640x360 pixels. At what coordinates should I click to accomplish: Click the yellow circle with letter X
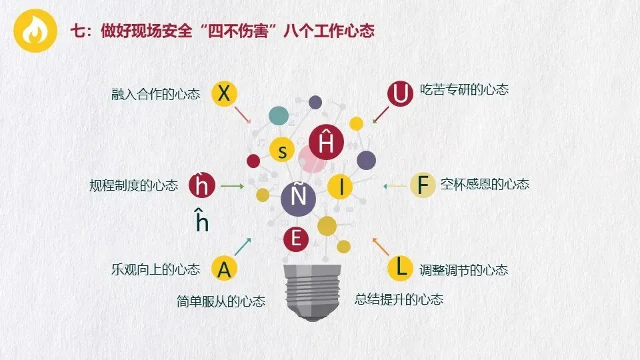pos(225,94)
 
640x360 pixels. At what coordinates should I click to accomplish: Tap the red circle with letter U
pos(401,94)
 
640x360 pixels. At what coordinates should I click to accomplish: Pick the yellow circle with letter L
pos(401,267)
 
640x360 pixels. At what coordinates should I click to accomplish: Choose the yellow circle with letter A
pos(225,269)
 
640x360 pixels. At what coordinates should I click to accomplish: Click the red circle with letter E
pos(296,239)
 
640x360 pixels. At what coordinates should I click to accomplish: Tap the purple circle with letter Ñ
pos(298,197)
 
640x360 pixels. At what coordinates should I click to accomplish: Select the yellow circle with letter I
pos(341,187)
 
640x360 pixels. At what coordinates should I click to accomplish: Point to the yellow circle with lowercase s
pos(283,151)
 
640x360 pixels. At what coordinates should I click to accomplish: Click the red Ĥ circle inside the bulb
pos(327,142)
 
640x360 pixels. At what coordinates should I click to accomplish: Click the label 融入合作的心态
pos(155,95)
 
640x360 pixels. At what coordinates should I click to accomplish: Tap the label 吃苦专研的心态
pos(464,89)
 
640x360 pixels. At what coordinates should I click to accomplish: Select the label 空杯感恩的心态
pos(485,184)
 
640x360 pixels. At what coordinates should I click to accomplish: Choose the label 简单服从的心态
pos(221,301)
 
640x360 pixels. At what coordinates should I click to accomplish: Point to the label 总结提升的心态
pos(399,299)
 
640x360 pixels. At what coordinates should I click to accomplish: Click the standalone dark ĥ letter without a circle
pos(202,221)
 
